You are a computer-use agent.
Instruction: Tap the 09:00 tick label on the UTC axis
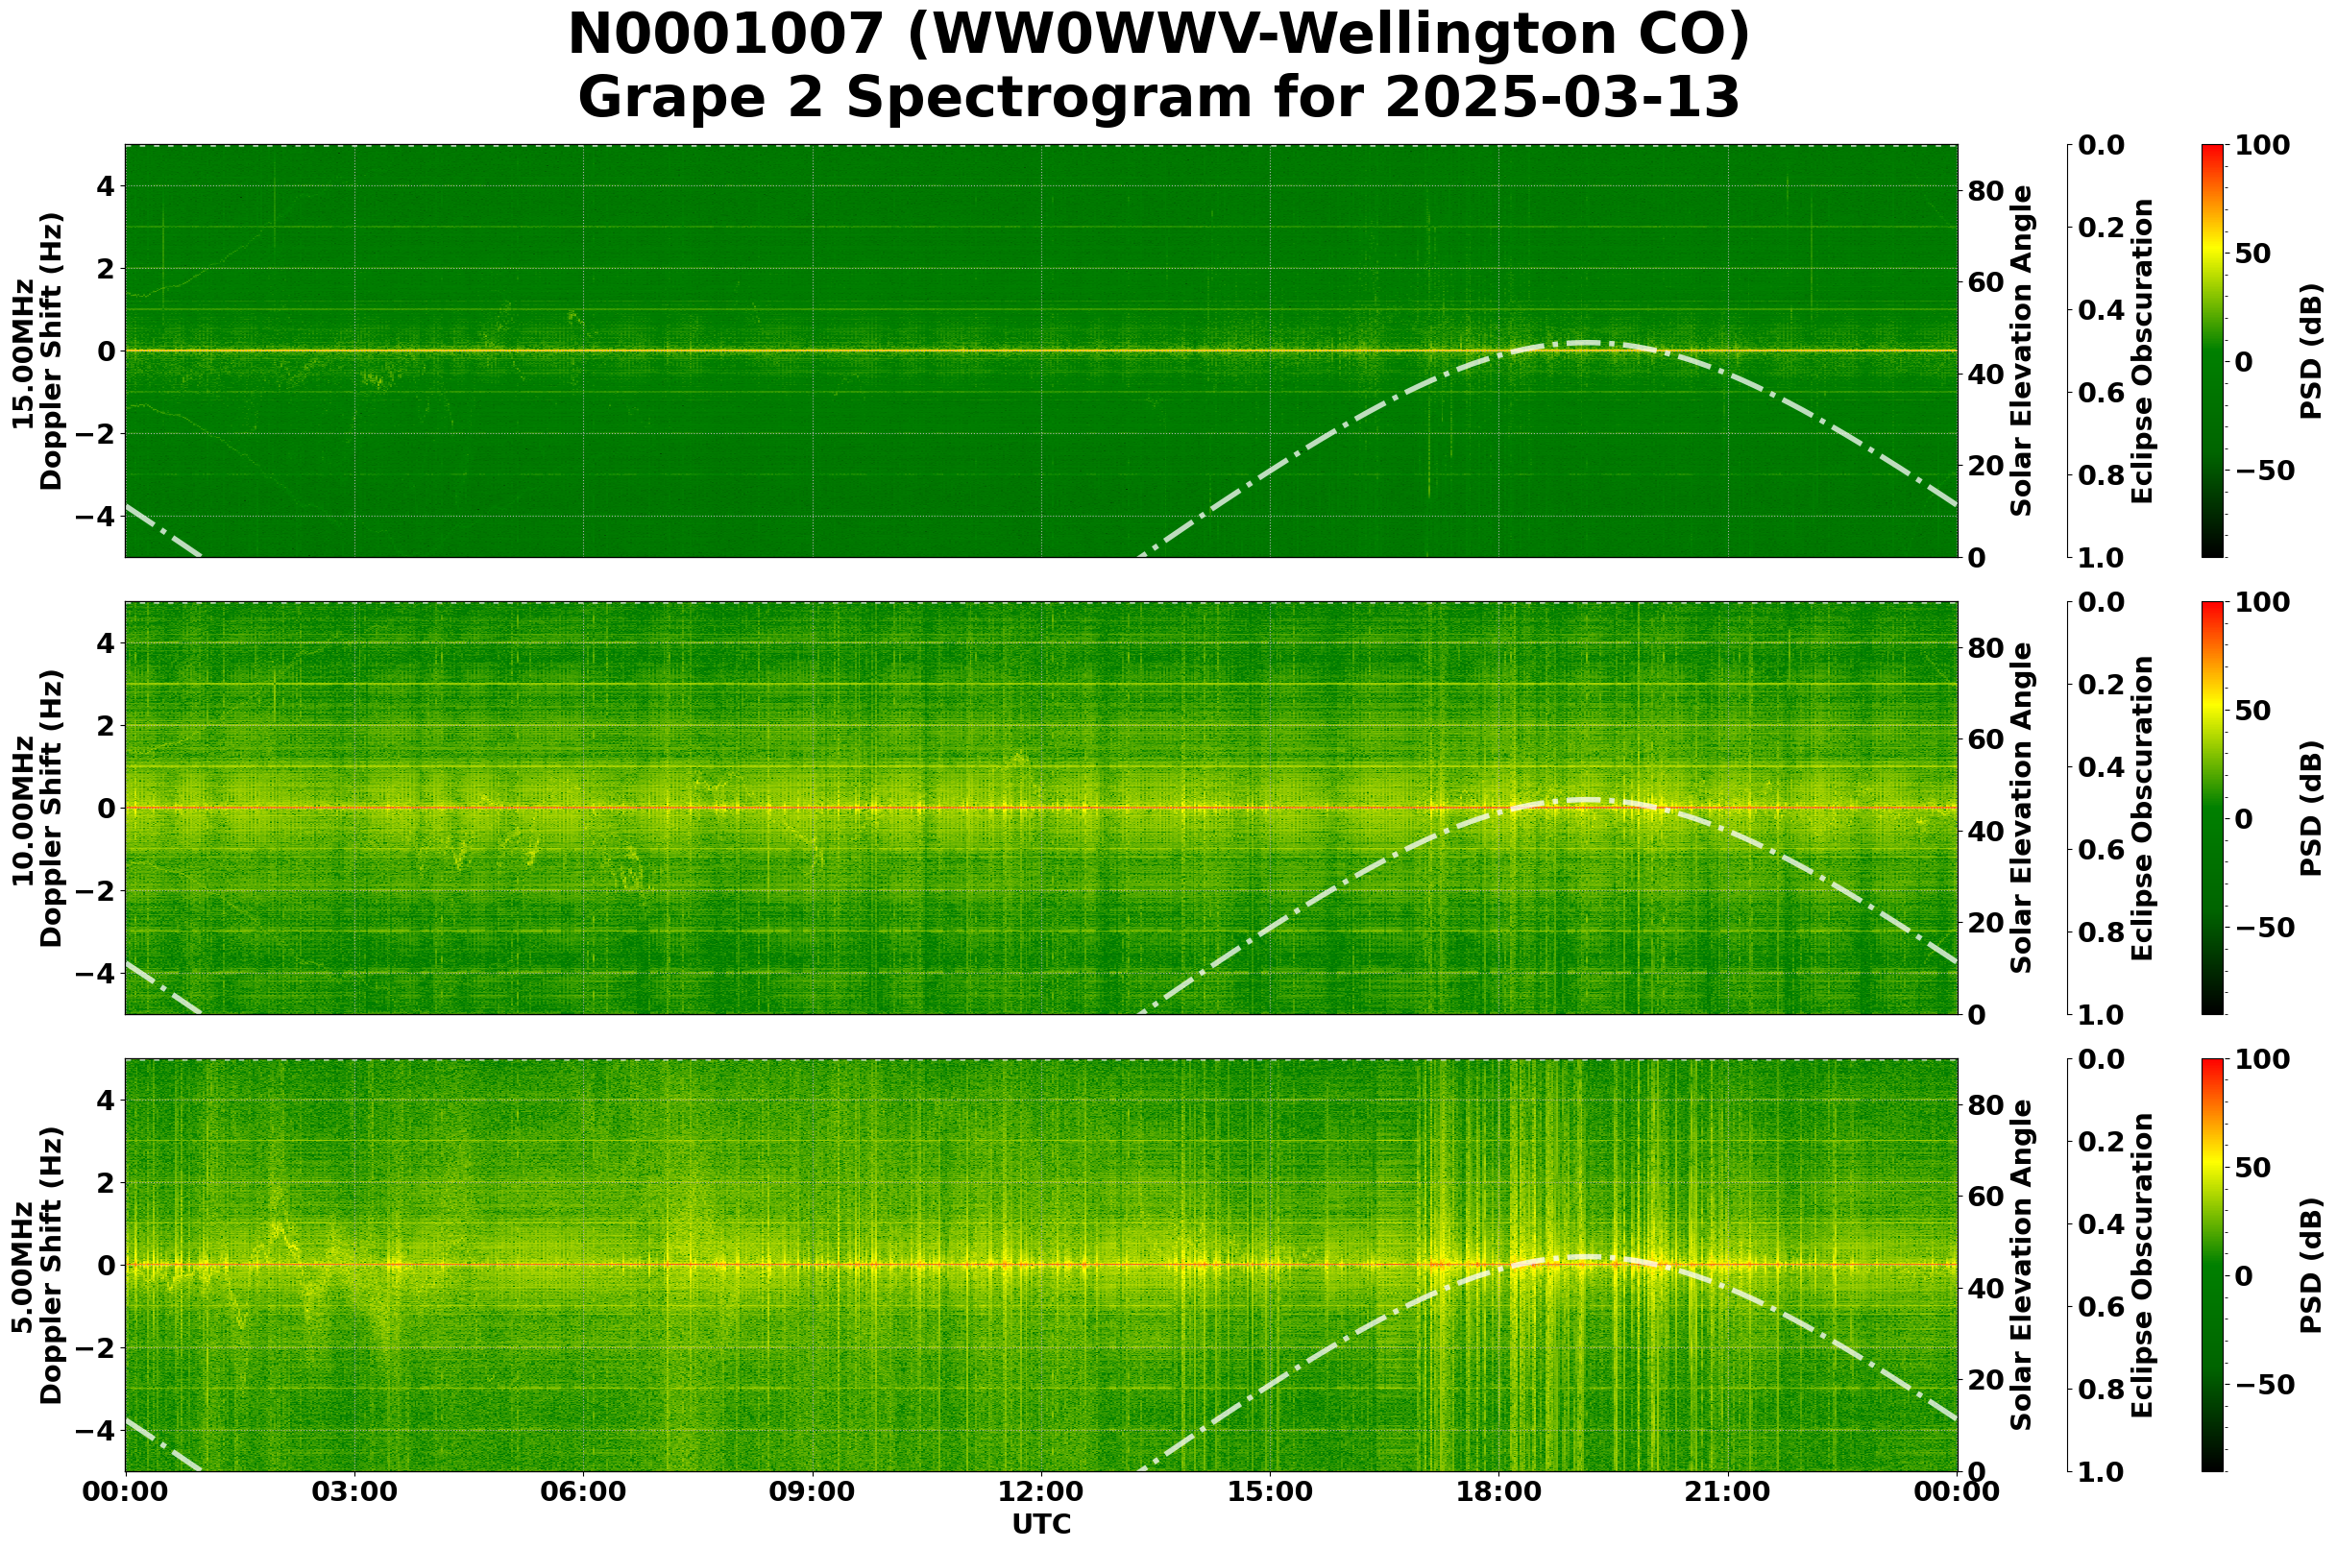[x=812, y=1492]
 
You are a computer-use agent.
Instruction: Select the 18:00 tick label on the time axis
[x=1498, y=1492]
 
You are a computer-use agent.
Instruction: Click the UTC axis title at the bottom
[x=1040, y=1524]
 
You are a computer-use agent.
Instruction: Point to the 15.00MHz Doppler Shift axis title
[x=37, y=351]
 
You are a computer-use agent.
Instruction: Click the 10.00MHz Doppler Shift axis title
[x=37, y=808]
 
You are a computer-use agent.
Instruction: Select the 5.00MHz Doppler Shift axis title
[x=37, y=1266]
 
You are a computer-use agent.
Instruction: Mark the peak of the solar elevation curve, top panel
[x=1584, y=343]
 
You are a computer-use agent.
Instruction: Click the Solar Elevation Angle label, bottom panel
[x=2022, y=1266]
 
